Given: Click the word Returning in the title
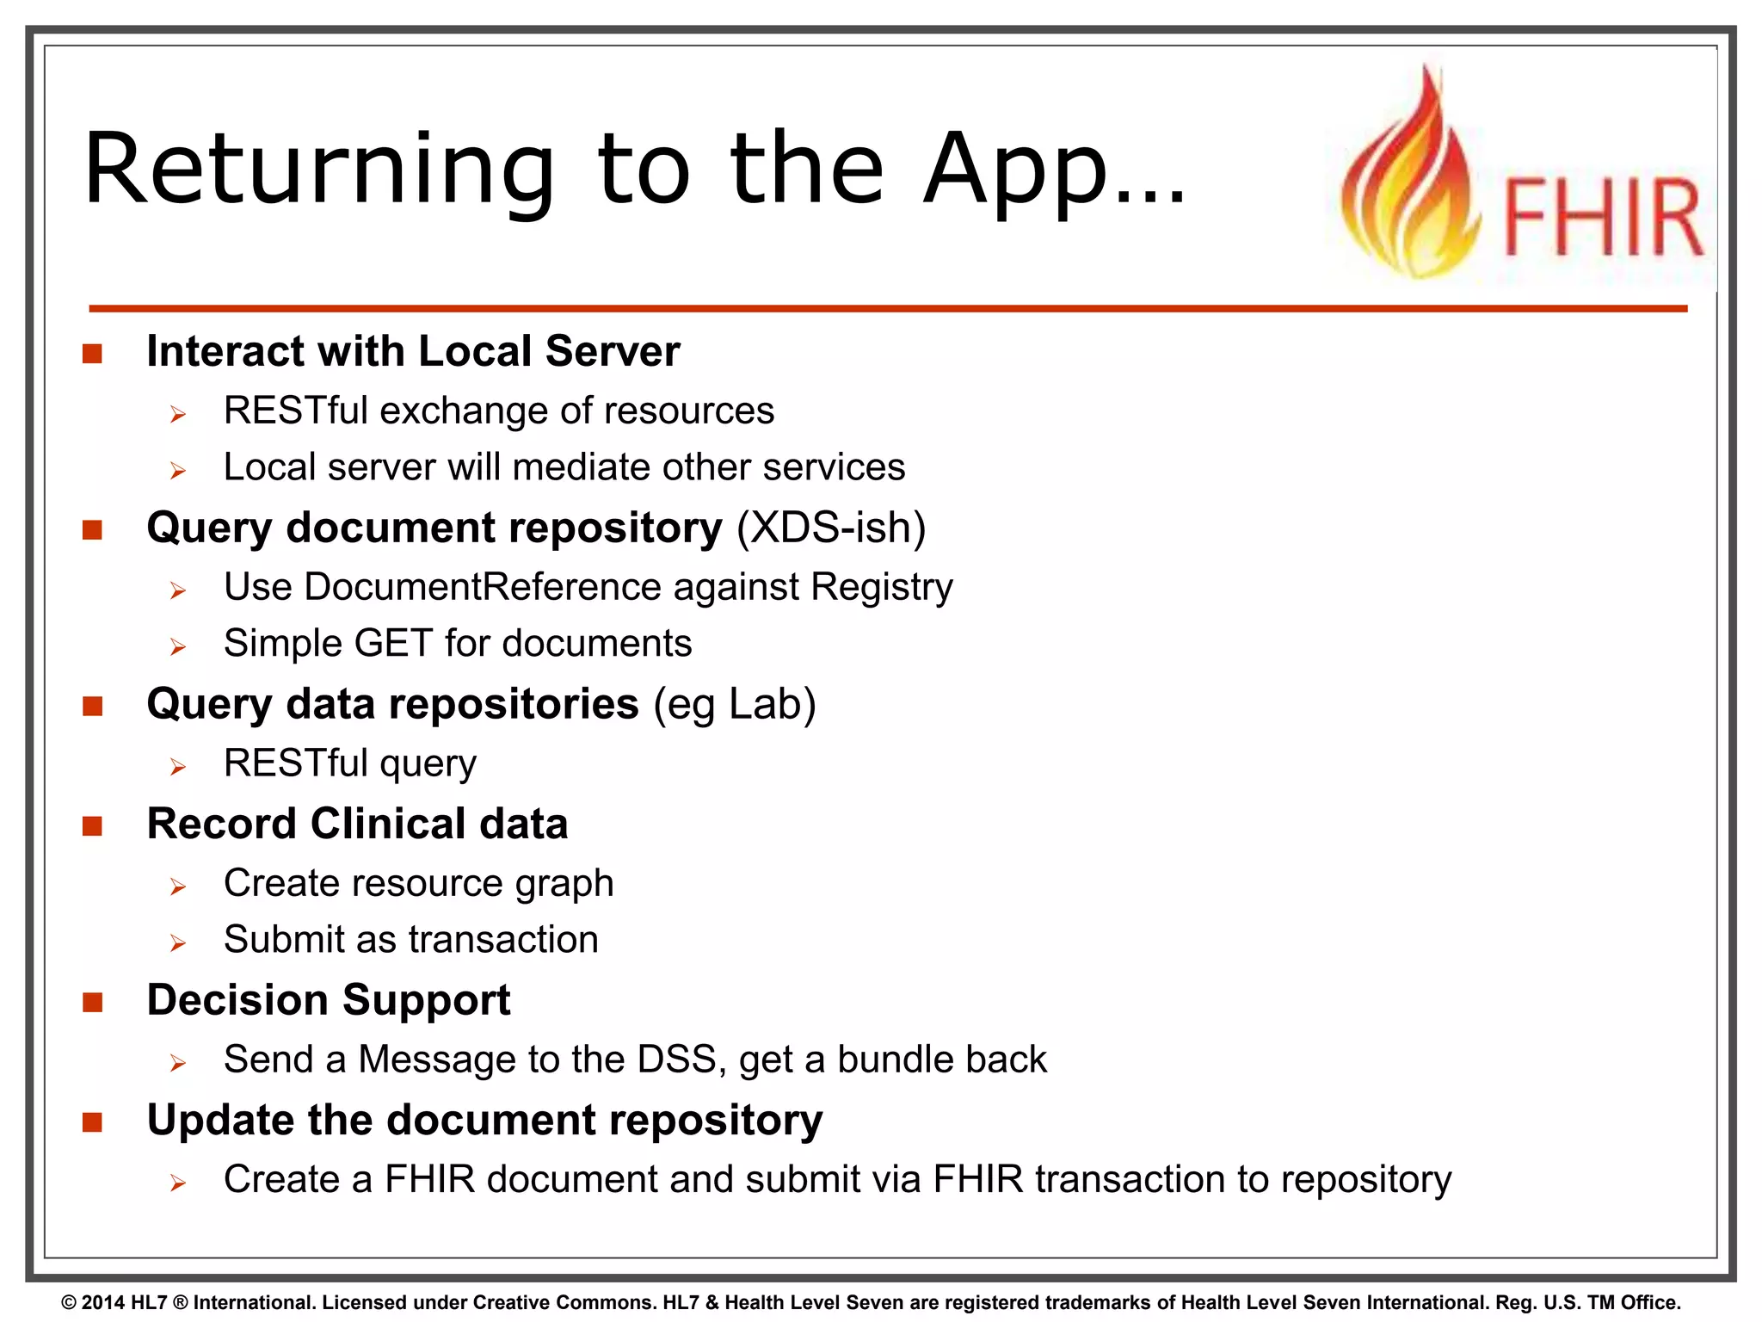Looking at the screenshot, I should pos(319,170).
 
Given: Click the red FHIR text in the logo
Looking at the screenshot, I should pos(1602,219).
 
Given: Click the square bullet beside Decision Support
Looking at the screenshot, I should pos(93,1002).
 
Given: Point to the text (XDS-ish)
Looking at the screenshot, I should pos(831,528).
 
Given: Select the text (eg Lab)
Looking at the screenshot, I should pos(734,704).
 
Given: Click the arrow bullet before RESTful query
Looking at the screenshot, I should pos(178,766).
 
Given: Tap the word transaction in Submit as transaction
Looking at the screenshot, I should pos(503,940).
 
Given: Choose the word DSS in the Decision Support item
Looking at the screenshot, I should pos(676,1059).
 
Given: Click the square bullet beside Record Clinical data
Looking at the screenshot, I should pos(93,826).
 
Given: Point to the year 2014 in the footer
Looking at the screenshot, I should pos(103,1303).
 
